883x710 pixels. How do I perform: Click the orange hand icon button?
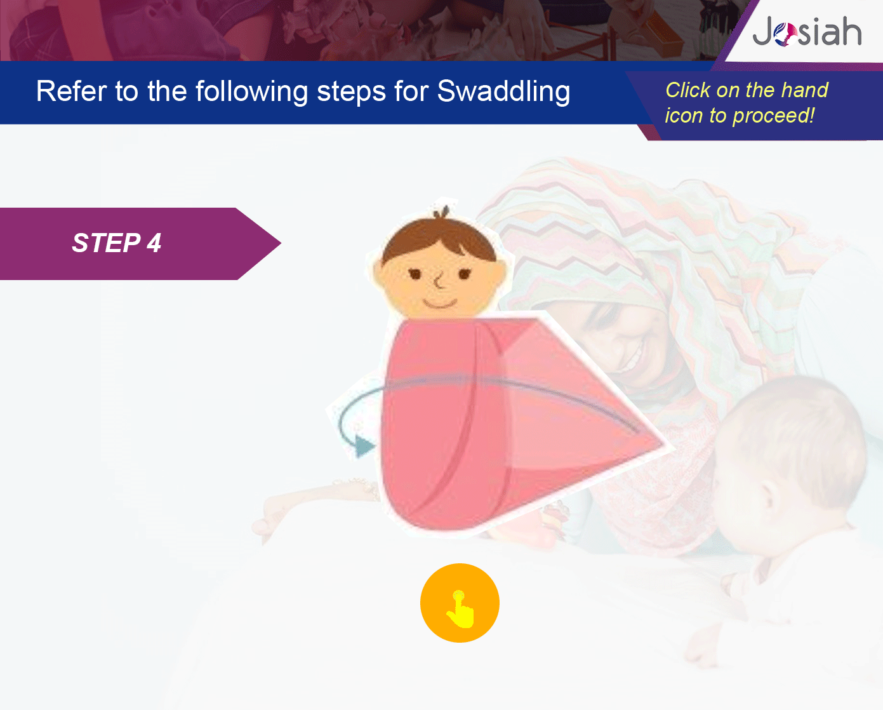(460, 603)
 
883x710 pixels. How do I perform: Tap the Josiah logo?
(807, 32)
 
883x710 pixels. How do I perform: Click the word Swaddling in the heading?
(503, 91)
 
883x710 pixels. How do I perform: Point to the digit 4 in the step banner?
(154, 243)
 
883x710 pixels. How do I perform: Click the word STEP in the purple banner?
(106, 243)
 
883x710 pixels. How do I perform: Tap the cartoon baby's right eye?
(465, 274)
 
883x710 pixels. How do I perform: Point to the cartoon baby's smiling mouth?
(440, 304)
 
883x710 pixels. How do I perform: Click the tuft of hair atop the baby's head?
(442, 212)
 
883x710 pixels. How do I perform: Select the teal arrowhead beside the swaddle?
(364, 446)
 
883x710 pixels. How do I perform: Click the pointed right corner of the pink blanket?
(664, 445)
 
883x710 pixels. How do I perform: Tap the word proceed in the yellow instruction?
(771, 116)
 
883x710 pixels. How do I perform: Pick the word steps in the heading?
(351, 92)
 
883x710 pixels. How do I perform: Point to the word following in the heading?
(251, 91)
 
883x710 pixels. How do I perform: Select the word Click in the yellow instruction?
(687, 90)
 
